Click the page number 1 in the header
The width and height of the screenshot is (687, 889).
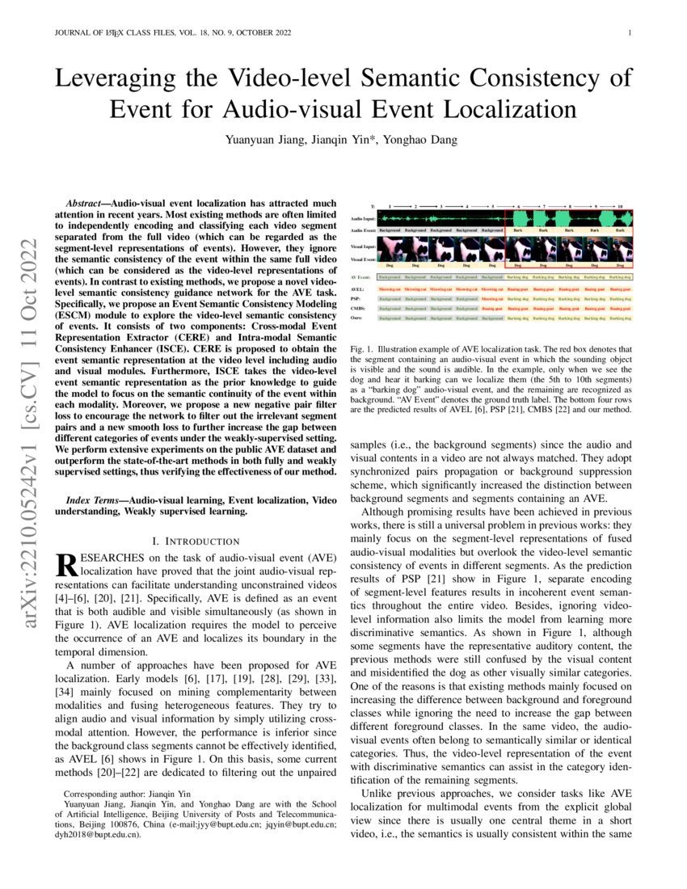click(x=629, y=33)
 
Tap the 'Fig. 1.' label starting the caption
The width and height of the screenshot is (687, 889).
click(x=360, y=348)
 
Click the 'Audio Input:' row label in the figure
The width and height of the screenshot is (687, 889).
click(x=362, y=219)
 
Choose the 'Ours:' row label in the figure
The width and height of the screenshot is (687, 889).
click(x=356, y=318)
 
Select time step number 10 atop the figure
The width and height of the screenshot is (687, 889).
click(x=621, y=207)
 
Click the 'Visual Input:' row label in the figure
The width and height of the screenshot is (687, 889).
click(x=362, y=246)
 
